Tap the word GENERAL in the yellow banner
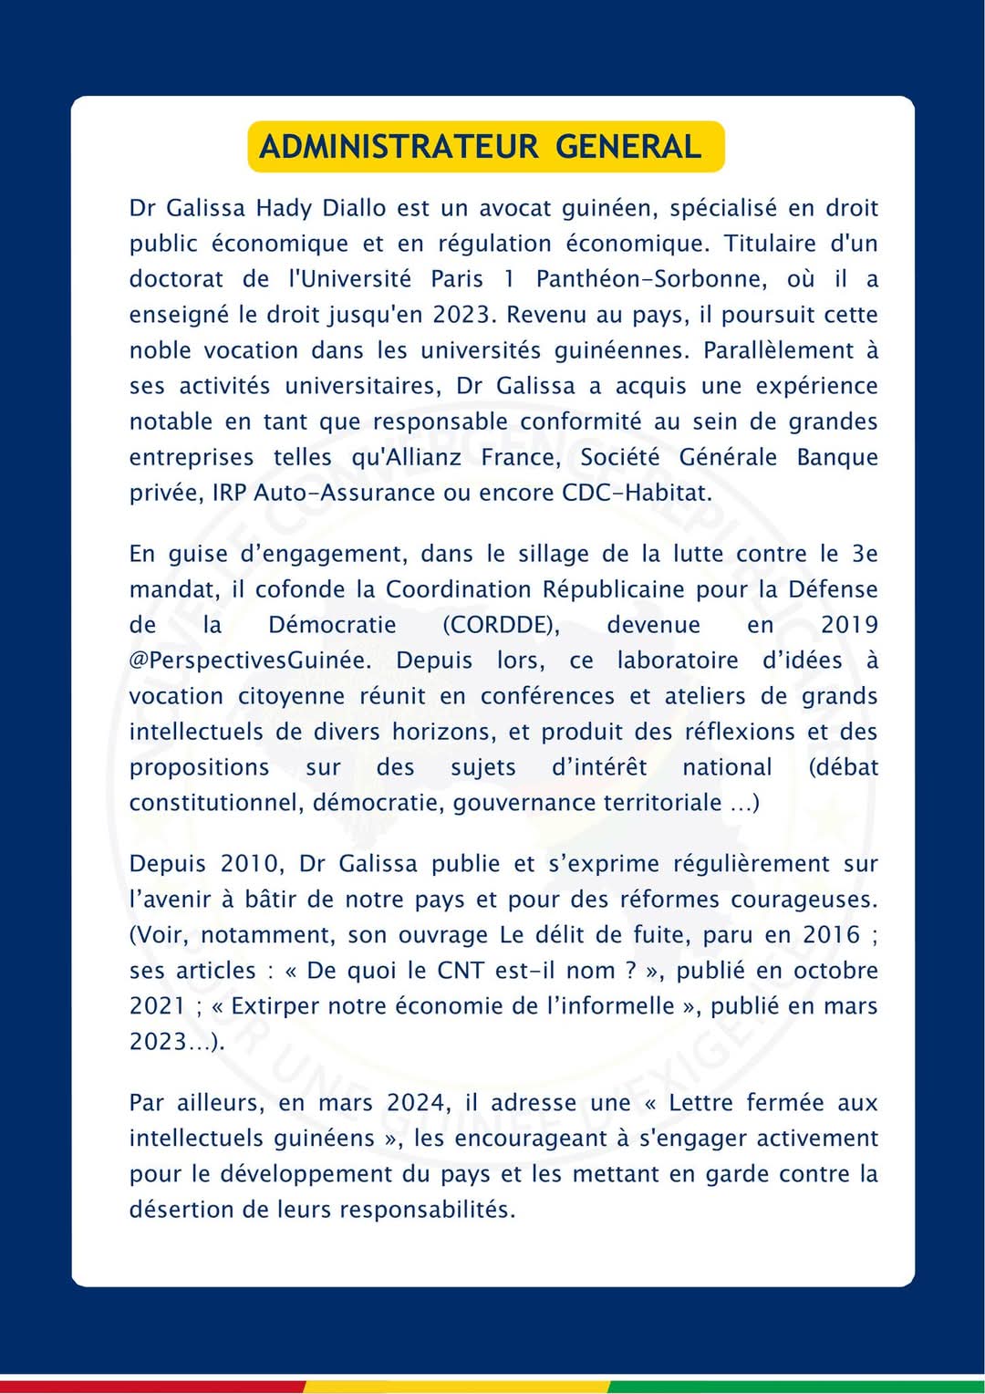pyautogui.click(x=628, y=147)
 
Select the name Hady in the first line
pyautogui.click(x=284, y=209)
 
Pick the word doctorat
pyautogui.click(x=176, y=279)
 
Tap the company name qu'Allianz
pyautogui.click(x=407, y=457)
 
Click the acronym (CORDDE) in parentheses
pyautogui.click(x=501, y=625)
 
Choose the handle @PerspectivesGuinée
pyautogui.click(x=250, y=661)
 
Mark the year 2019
pyautogui.click(x=849, y=625)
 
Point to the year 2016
pyautogui.click(x=831, y=935)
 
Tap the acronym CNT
pyautogui.click(x=461, y=971)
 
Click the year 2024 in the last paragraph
pyautogui.click(x=419, y=1103)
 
